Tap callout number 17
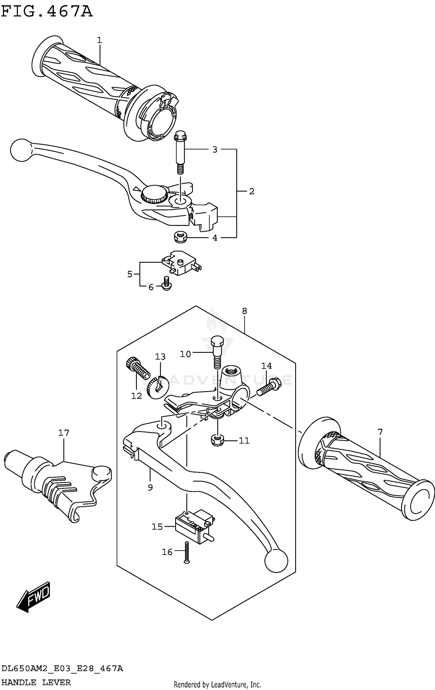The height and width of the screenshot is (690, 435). pos(64,433)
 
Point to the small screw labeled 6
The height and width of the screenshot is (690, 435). pos(166,283)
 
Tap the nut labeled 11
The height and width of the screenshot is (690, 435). pos(217,440)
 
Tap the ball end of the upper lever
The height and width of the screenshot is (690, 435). pos(20,150)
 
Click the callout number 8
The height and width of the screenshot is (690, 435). pos(244,311)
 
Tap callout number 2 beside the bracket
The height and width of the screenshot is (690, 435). pos(251,191)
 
